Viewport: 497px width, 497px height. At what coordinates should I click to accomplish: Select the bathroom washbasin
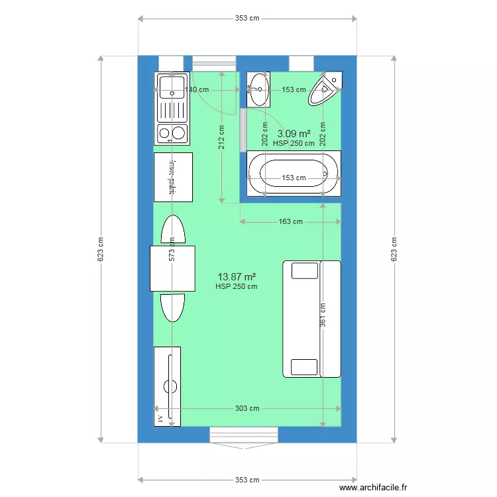point(258,89)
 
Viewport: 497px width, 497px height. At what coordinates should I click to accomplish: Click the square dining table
point(173,268)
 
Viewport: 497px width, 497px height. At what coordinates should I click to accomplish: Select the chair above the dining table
point(173,230)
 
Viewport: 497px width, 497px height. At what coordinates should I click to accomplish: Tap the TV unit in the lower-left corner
point(167,386)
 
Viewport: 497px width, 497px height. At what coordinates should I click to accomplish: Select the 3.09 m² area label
point(294,133)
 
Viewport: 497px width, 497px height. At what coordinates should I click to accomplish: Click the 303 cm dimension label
point(247,408)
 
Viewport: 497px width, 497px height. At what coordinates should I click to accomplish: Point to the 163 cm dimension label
point(290,222)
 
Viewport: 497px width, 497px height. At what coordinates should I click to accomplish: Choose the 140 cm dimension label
point(197,89)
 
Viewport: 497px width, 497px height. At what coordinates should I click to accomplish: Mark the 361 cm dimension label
point(323,315)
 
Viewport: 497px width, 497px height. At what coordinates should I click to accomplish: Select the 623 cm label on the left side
point(101,248)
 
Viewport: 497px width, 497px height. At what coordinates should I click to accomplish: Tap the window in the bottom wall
point(244,435)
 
